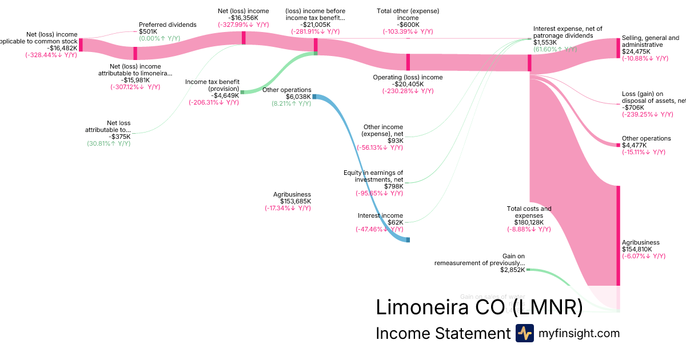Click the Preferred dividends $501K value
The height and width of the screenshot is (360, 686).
[x=148, y=32]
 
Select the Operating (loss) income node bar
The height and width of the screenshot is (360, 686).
[x=408, y=62]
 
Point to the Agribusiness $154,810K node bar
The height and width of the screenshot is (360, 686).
[x=618, y=235]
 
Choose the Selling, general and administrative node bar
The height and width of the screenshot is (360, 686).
[x=618, y=48]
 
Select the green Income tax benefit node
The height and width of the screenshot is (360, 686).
[x=242, y=92]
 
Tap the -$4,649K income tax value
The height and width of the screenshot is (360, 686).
[x=225, y=95]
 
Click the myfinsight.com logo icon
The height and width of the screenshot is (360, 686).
[x=525, y=333]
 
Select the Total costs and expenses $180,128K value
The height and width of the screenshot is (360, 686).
[x=529, y=222]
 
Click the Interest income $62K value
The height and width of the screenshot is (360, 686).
[x=395, y=222]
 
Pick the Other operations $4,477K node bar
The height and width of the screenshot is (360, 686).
[x=618, y=145]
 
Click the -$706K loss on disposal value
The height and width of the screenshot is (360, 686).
[x=633, y=107]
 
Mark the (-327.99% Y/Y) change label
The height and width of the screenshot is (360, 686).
[x=243, y=25]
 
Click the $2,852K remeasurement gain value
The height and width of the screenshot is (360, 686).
[x=512, y=270]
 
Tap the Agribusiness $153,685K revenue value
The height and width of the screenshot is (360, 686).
[x=296, y=201]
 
